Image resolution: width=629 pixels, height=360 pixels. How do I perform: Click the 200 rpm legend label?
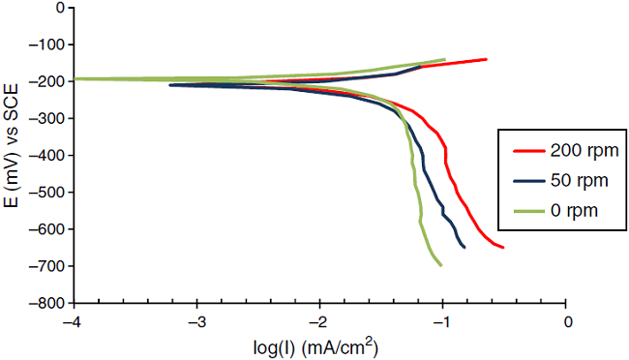585,151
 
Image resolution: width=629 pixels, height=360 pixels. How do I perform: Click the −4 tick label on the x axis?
70,320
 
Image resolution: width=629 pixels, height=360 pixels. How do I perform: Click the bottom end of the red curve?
503,247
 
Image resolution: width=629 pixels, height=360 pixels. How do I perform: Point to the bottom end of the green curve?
441,265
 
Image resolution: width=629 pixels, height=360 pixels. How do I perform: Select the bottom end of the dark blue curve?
464,247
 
